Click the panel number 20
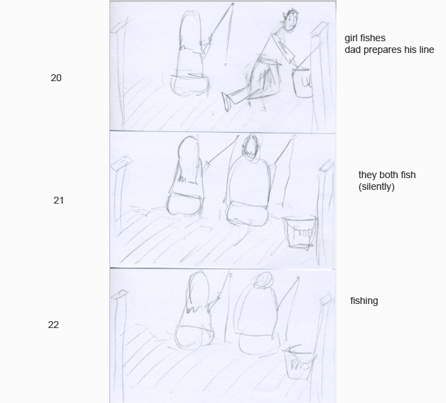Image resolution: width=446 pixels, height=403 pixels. [x=56, y=78]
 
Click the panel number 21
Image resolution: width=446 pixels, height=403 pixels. [x=59, y=200]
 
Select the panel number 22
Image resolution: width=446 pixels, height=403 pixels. [x=54, y=325]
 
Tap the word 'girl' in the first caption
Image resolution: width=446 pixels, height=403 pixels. [x=351, y=38]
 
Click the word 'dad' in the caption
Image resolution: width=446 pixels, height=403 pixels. [x=352, y=50]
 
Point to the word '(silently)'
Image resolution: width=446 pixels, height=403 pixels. [x=376, y=187]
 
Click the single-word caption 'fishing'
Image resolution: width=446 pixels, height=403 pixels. [x=364, y=301]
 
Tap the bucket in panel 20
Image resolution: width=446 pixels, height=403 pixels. [x=302, y=83]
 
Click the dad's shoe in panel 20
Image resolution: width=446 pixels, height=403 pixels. [x=226, y=102]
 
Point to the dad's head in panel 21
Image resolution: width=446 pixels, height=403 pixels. [x=251, y=147]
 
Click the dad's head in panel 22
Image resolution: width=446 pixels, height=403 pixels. [x=264, y=280]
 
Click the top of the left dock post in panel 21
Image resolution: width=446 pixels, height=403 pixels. [x=121, y=164]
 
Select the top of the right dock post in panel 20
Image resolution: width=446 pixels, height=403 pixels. [x=321, y=30]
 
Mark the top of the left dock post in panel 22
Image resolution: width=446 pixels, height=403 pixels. [x=120, y=294]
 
